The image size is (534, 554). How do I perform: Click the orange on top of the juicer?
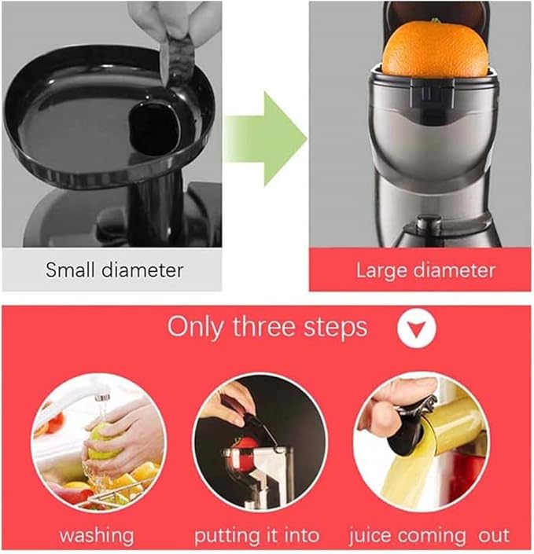(435, 49)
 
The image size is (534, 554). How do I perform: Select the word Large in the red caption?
(381, 271)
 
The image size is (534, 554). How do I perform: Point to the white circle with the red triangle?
(416, 328)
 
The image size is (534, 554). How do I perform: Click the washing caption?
(97, 536)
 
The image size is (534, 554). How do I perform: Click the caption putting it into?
(257, 536)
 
